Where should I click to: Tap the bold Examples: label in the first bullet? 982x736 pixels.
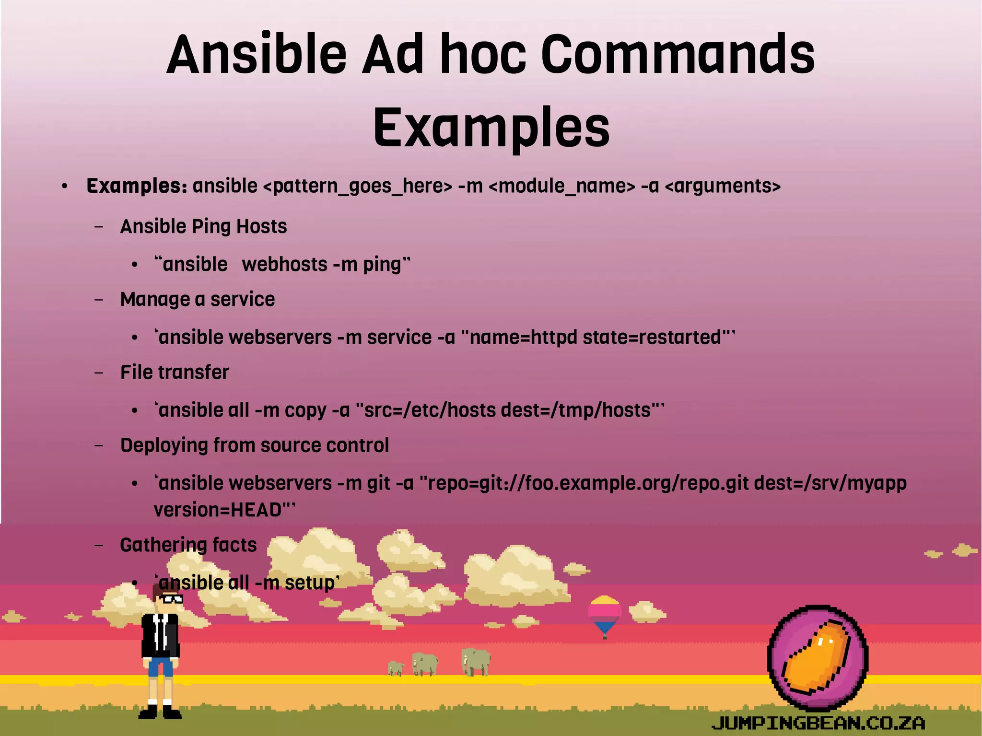[137, 186]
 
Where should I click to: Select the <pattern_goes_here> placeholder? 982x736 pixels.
[358, 186]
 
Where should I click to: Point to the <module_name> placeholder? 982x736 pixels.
[562, 186]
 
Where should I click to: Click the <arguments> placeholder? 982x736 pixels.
[723, 186]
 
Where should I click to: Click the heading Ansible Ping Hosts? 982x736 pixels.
[203, 226]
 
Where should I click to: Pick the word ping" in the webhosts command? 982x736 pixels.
[386, 265]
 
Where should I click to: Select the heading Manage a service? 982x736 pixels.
[198, 299]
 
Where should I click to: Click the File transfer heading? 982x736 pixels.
[175, 373]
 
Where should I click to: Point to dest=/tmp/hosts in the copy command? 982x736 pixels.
[575, 410]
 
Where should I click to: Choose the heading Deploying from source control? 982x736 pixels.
[254, 445]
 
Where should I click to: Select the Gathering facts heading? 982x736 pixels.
[188, 545]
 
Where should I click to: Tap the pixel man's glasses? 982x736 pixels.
[172, 598]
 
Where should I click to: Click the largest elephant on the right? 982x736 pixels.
[476, 661]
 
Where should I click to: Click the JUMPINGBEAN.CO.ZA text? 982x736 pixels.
[818, 723]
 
